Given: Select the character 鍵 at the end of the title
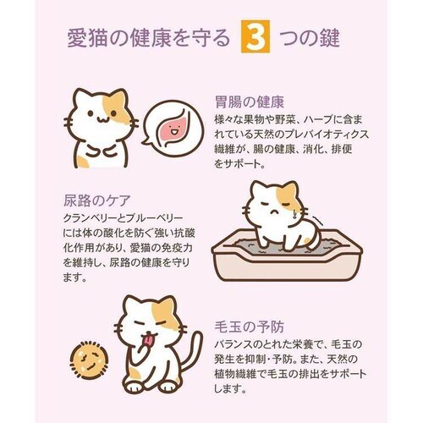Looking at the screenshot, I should [x=343, y=39].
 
